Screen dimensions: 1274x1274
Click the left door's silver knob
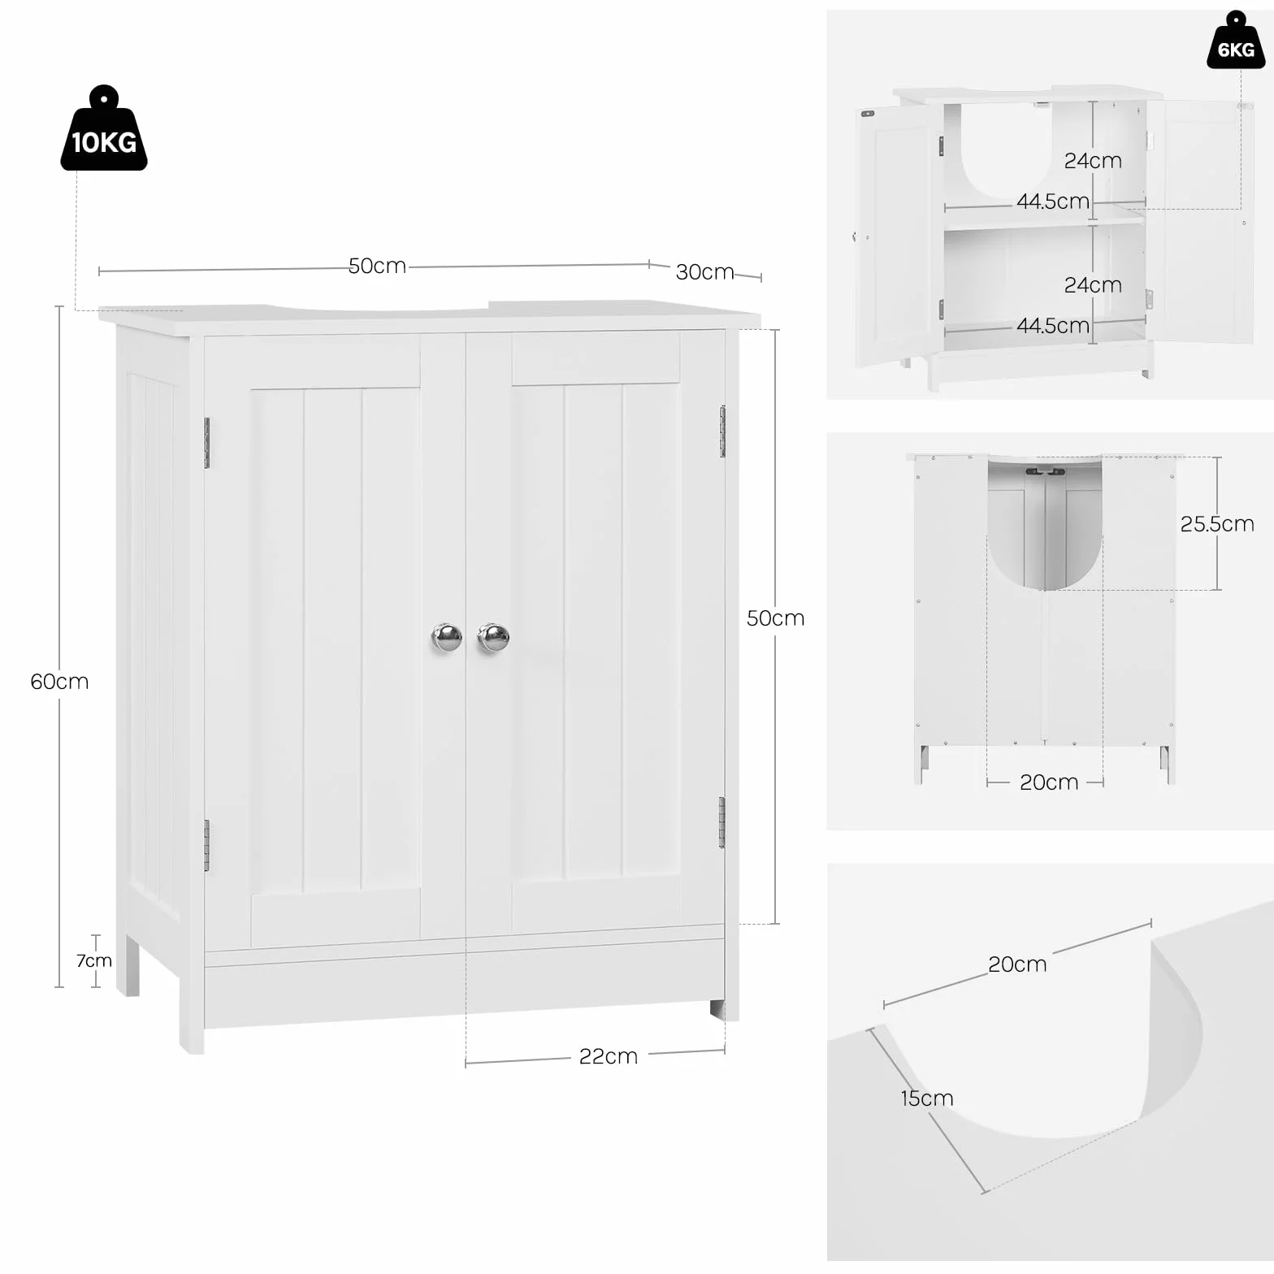click(446, 637)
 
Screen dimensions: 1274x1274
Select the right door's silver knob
click(493, 637)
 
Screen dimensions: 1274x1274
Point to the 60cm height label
click(59, 681)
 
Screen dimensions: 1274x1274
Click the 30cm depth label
click(704, 271)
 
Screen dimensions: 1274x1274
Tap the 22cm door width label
click(609, 1056)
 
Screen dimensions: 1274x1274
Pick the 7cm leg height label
click(94, 960)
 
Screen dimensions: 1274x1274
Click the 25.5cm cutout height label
click(1217, 523)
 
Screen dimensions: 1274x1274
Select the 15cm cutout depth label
click(927, 1098)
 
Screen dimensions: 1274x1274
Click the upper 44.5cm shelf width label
click(1053, 201)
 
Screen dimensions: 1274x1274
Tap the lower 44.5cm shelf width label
click(1053, 325)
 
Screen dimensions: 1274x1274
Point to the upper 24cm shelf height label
click(1093, 161)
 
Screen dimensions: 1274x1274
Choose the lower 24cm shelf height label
click(1093, 285)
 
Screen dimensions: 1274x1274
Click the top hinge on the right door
click(722, 431)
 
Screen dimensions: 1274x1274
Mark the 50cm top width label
click(377, 266)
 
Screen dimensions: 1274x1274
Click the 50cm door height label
click(776, 618)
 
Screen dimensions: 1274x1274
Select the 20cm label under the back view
click(1049, 782)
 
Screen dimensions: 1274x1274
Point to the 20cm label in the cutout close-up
click(1017, 964)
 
